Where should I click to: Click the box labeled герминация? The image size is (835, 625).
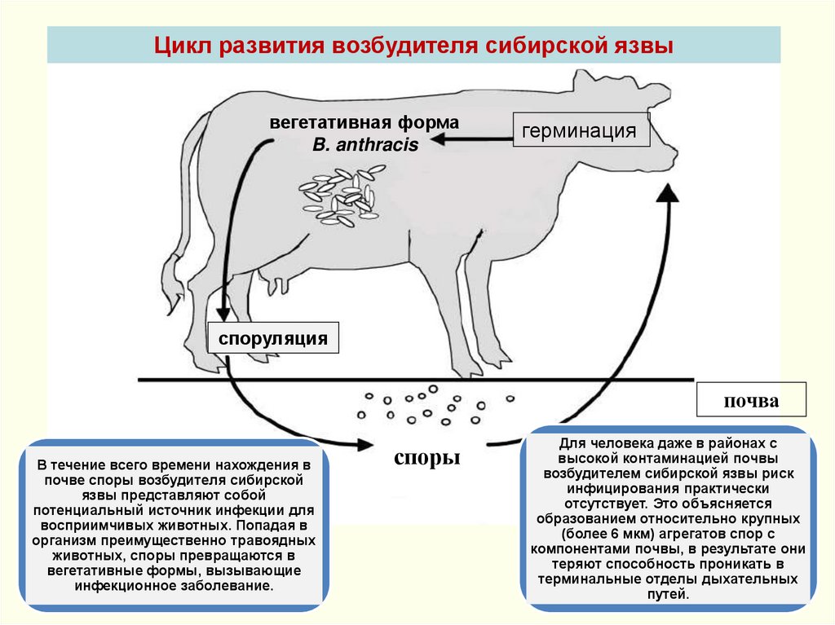pyautogui.click(x=581, y=131)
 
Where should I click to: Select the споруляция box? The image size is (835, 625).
pyautogui.click(x=272, y=338)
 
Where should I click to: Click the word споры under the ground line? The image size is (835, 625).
pyautogui.click(x=427, y=457)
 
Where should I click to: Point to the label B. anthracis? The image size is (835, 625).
pyautogui.click(x=365, y=145)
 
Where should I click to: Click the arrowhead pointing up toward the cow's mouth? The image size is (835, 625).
pyautogui.click(x=668, y=193)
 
